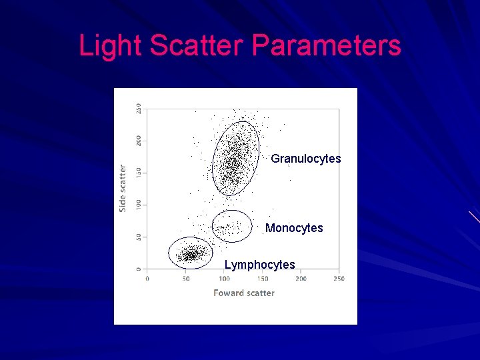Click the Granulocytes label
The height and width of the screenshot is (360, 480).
coord(305,159)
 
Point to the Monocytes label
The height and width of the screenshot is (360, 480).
coord(294,228)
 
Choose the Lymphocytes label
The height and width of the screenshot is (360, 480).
coord(259,265)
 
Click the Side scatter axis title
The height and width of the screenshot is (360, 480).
coord(123,189)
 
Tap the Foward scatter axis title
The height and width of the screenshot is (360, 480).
coord(244,293)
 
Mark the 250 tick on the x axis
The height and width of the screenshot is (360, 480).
coord(339,278)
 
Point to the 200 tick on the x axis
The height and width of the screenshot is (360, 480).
coord(301,278)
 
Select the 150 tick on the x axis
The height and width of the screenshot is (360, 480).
coord(262,278)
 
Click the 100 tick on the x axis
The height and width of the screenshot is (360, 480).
coord(224,278)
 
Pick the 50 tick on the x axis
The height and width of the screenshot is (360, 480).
coord(185,278)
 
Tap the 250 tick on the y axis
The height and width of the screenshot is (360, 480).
coord(139,108)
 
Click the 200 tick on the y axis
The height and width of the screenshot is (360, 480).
coord(139,140)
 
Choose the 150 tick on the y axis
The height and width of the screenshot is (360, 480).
coord(139,172)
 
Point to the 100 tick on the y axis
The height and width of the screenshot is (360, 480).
coord(139,204)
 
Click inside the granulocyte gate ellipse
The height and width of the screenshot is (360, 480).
coord(235,159)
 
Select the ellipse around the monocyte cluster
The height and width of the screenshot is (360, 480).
coord(231,226)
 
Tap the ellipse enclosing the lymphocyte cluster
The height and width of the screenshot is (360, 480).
coord(190,253)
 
